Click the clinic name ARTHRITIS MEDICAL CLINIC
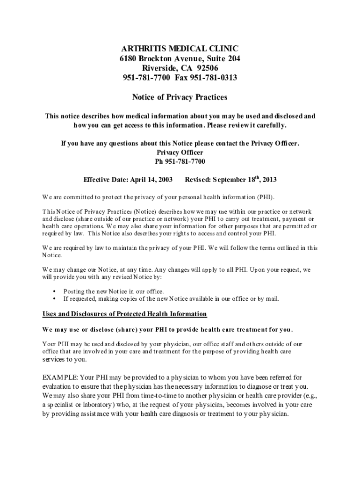coord(180,49)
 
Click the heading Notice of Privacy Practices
coord(180,97)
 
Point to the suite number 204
coord(234,58)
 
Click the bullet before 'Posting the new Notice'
coord(55,291)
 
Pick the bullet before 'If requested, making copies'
coord(55,298)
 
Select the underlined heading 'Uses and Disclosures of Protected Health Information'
coord(125,313)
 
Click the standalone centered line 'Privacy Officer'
coord(180,152)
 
